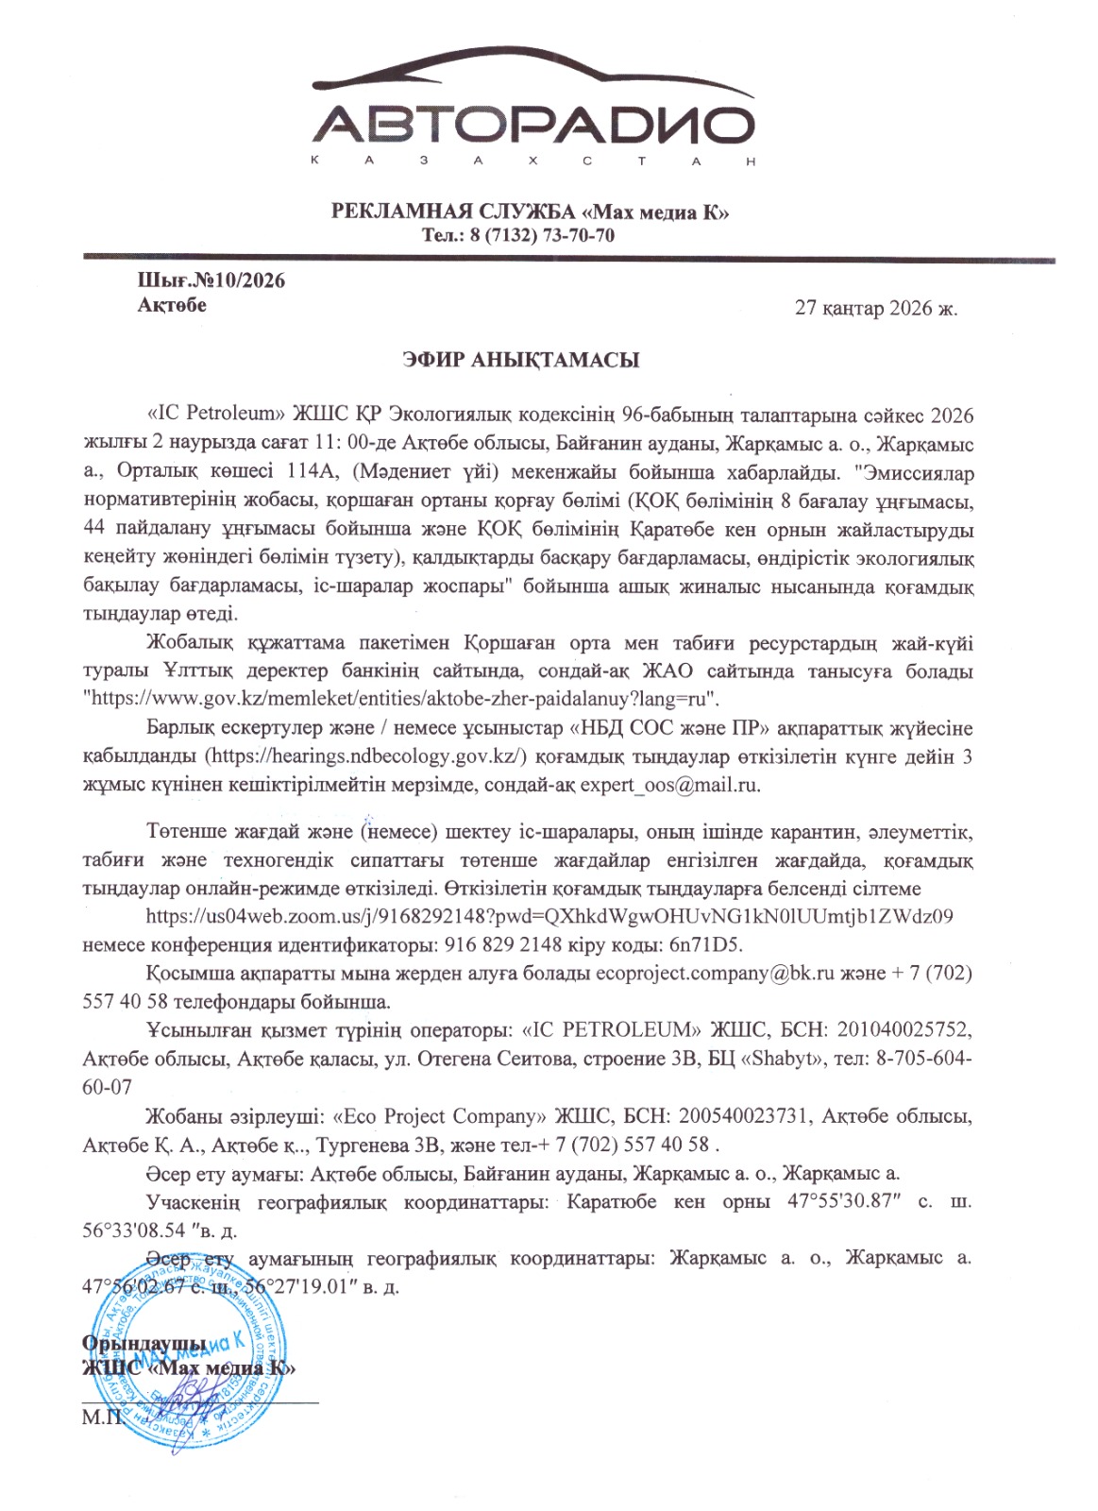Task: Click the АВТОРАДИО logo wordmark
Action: click(x=532, y=125)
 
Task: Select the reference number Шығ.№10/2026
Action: click(x=211, y=280)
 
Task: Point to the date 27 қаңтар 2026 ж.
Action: click(x=876, y=308)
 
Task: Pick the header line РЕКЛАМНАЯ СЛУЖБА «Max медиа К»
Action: click(x=530, y=212)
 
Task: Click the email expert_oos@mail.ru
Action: click(x=669, y=785)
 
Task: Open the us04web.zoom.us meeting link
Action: click(x=549, y=916)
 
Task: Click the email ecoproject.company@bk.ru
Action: click(x=715, y=973)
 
